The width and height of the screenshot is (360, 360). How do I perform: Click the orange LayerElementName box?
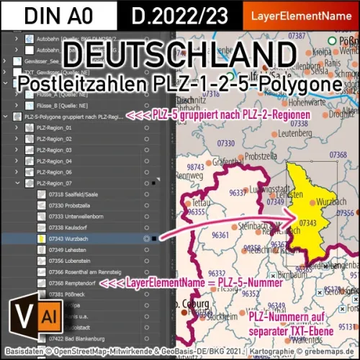pos(306,14)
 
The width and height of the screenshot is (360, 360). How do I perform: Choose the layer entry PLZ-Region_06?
pos(54,173)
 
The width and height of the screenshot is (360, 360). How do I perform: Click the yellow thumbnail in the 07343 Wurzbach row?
pos(42,236)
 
